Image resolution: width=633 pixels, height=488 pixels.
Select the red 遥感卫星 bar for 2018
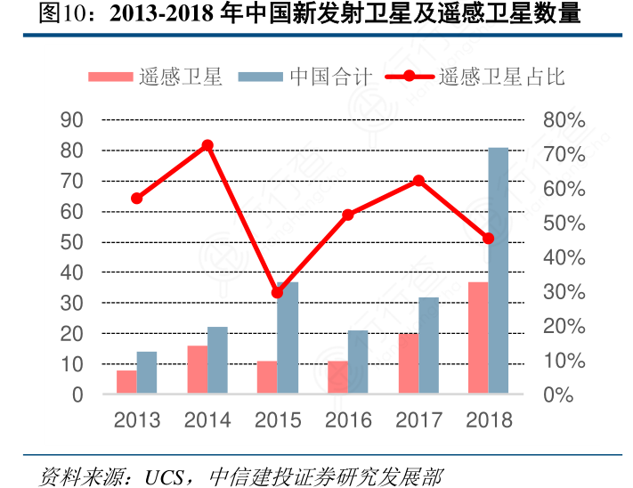pyautogui.click(x=478, y=338)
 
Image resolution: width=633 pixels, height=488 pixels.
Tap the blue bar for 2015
pyautogui.click(x=288, y=338)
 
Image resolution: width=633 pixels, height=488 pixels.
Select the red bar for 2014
pyautogui.click(x=198, y=370)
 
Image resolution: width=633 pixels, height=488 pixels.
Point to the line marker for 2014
pyautogui.click(x=207, y=145)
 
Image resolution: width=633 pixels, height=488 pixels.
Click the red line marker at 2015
pyautogui.click(x=277, y=292)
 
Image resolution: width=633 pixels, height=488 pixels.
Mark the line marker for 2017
pyautogui.click(x=418, y=181)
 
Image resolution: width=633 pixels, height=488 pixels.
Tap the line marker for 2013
pyautogui.click(x=137, y=198)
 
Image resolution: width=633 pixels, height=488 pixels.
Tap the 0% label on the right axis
pyautogui.click(x=558, y=394)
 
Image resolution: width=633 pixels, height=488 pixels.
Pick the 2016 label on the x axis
pyautogui.click(x=348, y=420)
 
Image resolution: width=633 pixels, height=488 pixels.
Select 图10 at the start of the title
pyautogui.click(x=58, y=15)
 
